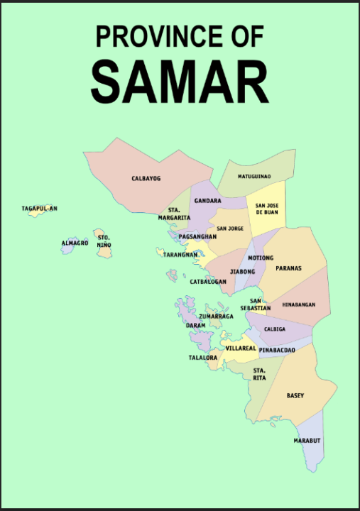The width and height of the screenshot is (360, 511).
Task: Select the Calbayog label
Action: [x=146, y=178]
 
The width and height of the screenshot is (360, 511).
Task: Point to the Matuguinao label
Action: [x=254, y=175]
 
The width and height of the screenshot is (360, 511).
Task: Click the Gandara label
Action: [x=207, y=201]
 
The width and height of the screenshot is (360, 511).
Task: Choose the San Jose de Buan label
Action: [x=266, y=209]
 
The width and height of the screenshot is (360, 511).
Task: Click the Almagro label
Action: [x=75, y=243]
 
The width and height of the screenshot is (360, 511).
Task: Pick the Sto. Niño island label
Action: [x=104, y=241]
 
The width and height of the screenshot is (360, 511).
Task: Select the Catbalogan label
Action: [x=208, y=282]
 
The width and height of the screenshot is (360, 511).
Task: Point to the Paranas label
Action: [x=289, y=268]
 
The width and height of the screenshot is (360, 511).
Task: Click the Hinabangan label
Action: [x=297, y=304]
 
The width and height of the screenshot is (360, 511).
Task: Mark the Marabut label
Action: [x=307, y=441]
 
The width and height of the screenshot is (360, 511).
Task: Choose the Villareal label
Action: [x=241, y=348]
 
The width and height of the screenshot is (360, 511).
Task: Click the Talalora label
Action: [x=203, y=358]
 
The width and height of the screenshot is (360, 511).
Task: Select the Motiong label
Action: [x=260, y=258]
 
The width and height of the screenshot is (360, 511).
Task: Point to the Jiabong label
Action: [x=242, y=271]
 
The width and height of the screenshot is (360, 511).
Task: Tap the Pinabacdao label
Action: [x=277, y=351]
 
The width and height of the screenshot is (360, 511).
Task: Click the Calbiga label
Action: [x=274, y=329]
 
